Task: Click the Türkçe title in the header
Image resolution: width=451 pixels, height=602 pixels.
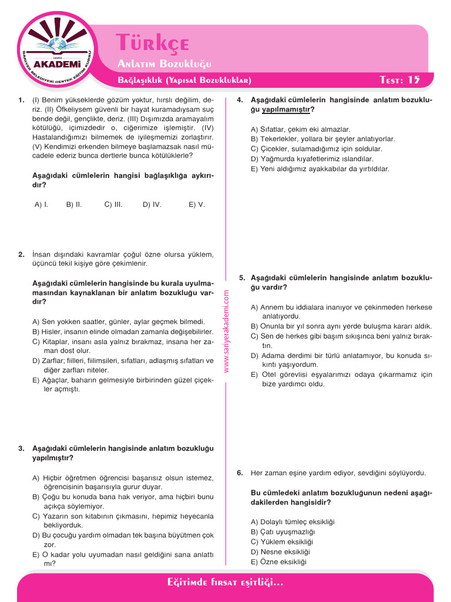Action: (x=152, y=43)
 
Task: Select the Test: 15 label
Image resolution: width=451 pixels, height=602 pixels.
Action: (x=400, y=79)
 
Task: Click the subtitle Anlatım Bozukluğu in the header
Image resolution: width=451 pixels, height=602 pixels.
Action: (x=164, y=63)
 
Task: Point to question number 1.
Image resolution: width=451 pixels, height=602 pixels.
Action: (x=21, y=100)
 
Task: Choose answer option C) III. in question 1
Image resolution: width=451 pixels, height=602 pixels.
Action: (x=113, y=205)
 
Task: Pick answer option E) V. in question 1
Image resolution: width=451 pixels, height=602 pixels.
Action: (x=197, y=205)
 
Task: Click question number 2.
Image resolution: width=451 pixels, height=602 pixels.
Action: (x=21, y=255)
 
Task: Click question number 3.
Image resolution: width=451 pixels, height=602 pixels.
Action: (x=21, y=449)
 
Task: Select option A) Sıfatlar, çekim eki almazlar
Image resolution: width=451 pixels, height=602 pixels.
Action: (x=300, y=129)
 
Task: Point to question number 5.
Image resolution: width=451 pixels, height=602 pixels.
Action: (x=241, y=277)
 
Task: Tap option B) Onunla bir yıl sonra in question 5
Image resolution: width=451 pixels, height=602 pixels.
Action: (x=341, y=326)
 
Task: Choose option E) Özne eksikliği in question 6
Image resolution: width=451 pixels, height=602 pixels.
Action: (x=279, y=561)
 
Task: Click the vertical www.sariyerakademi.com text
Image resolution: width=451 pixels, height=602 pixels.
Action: (x=226, y=333)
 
